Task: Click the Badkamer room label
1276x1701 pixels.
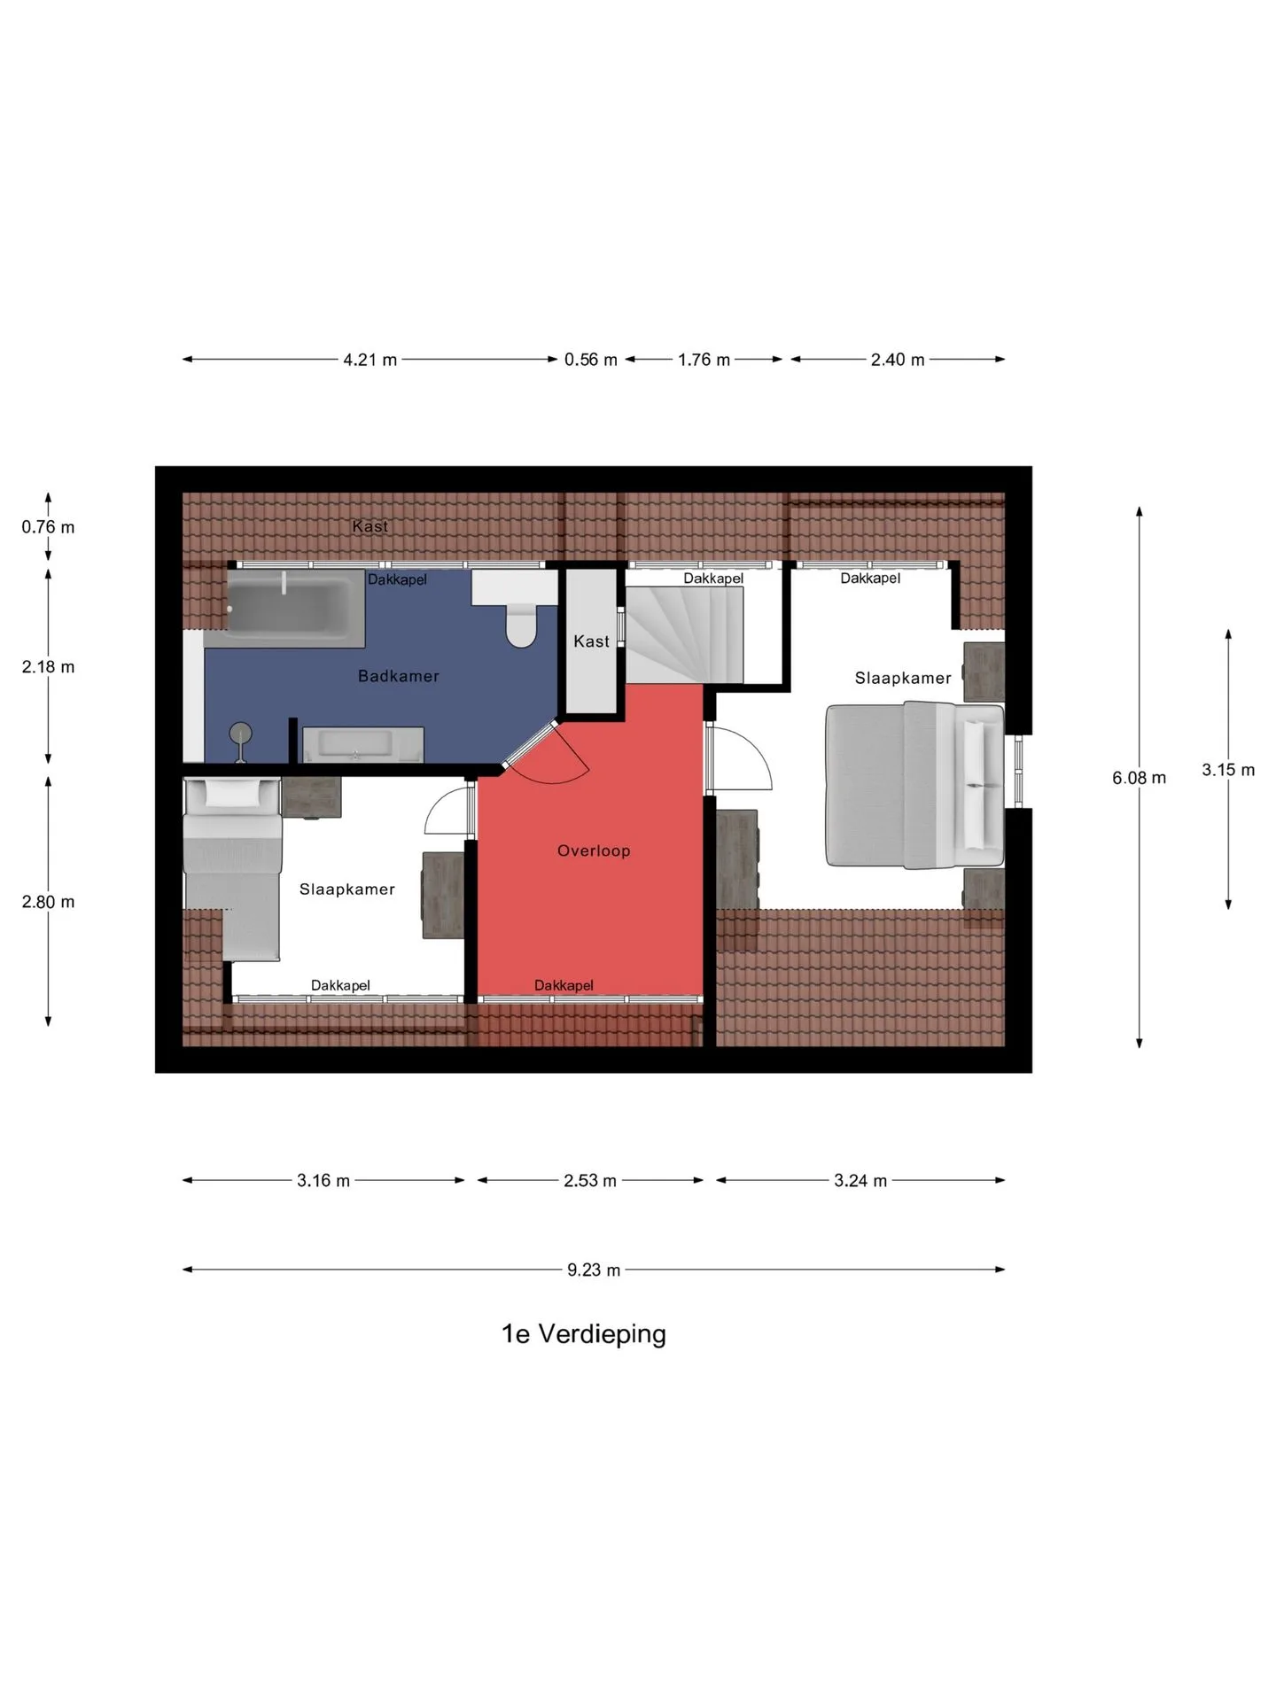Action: [x=398, y=676]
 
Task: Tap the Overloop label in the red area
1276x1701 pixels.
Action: [x=594, y=850]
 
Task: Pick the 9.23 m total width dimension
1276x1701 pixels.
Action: [x=594, y=1270]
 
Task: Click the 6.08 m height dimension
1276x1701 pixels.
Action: [x=1140, y=778]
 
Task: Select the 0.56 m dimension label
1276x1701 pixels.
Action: [x=591, y=360]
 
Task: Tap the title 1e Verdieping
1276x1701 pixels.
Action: [x=584, y=1334]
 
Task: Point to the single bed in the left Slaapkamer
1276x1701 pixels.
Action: [x=232, y=868]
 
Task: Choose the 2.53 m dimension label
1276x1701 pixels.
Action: [x=590, y=1181]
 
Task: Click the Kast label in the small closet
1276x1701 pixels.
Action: [x=591, y=641]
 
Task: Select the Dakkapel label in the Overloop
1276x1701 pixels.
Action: [x=564, y=985]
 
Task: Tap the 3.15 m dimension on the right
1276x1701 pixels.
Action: [x=1228, y=770]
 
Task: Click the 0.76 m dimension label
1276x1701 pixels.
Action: [x=48, y=527]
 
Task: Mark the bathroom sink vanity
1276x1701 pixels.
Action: [x=363, y=745]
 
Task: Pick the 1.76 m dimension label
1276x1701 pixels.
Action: [x=704, y=360]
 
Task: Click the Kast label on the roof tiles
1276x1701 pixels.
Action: [x=370, y=526]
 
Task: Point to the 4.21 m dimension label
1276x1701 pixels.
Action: [x=370, y=360]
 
